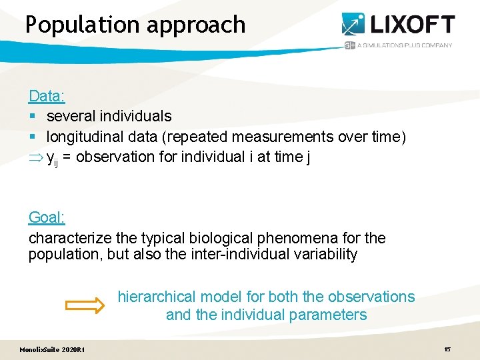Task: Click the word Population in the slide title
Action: [x=79, y=25]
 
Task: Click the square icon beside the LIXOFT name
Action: [x=353, y=25]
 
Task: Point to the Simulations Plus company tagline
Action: [x=404, y=45]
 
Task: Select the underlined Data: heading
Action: [x=47, y=96]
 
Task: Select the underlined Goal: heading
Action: [x=47, y=217]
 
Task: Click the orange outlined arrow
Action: [x=85, y=306]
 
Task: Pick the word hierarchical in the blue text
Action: [x=157, y=297]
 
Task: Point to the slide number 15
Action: [x=447, y=349]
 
